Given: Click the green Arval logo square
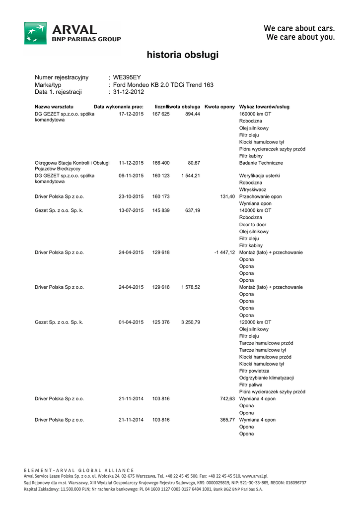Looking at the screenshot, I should [x=36, y=33].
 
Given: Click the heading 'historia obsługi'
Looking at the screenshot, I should [x=182, y=55].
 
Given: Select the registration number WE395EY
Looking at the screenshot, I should [x=127, y=77].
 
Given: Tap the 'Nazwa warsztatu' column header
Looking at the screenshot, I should [x=54, y=107].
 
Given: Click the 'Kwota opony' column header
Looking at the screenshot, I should [x=219, y=107].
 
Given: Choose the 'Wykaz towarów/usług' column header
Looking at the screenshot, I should [x=264, y=107].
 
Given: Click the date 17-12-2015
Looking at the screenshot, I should [x=131, y=114].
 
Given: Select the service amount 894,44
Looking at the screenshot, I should [x=193, y=114].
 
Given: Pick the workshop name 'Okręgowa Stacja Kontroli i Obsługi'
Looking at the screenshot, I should [x=72, y=163].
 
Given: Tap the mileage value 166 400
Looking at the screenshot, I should [x=161, y=163].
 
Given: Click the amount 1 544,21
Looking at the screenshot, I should [x=191, y=176].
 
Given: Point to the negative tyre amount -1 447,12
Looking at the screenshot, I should [x=224, y=253].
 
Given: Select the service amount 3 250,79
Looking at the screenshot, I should [x=191, y=322].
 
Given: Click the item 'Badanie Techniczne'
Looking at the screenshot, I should [x=261, y=163].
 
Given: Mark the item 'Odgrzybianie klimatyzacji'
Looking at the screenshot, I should [x=267, y=378].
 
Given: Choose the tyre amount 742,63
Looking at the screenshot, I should [x=227, y=399].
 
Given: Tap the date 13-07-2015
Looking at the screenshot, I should [x=131, y=210].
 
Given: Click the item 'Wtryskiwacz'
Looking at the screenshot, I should [x=253, y=190].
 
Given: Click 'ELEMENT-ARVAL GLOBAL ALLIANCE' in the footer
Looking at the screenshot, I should [x=79, y=470].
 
